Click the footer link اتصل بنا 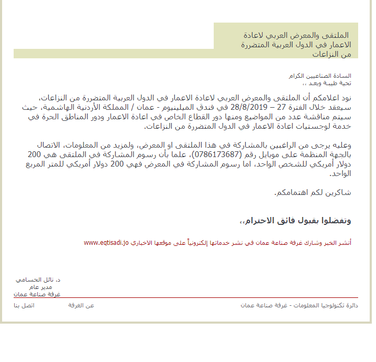click(24, 305)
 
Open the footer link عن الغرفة click(81, 305)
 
